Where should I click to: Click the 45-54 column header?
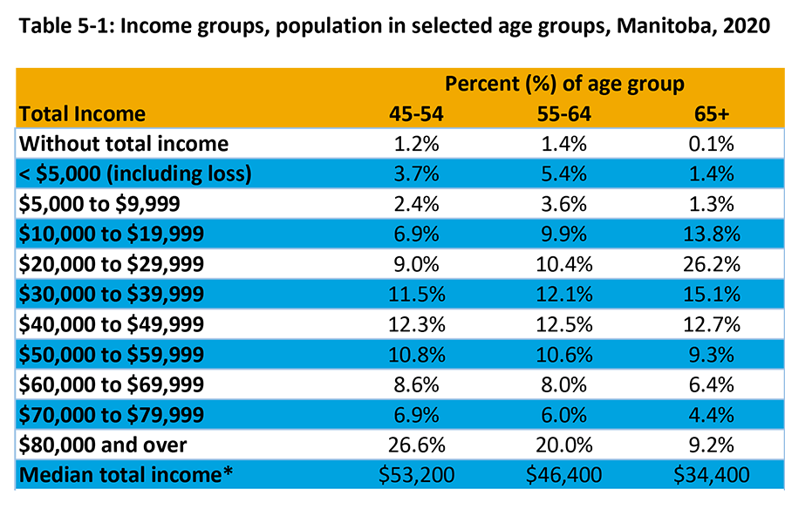[416, 114]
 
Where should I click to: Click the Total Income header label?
[82, 114]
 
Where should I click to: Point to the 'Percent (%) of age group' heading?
[564, 85]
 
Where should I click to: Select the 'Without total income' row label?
[123, 144]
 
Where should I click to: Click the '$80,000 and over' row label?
[103, 445]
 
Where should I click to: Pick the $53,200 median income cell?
[416, 475]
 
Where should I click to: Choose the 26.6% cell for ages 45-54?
[416, 445]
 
